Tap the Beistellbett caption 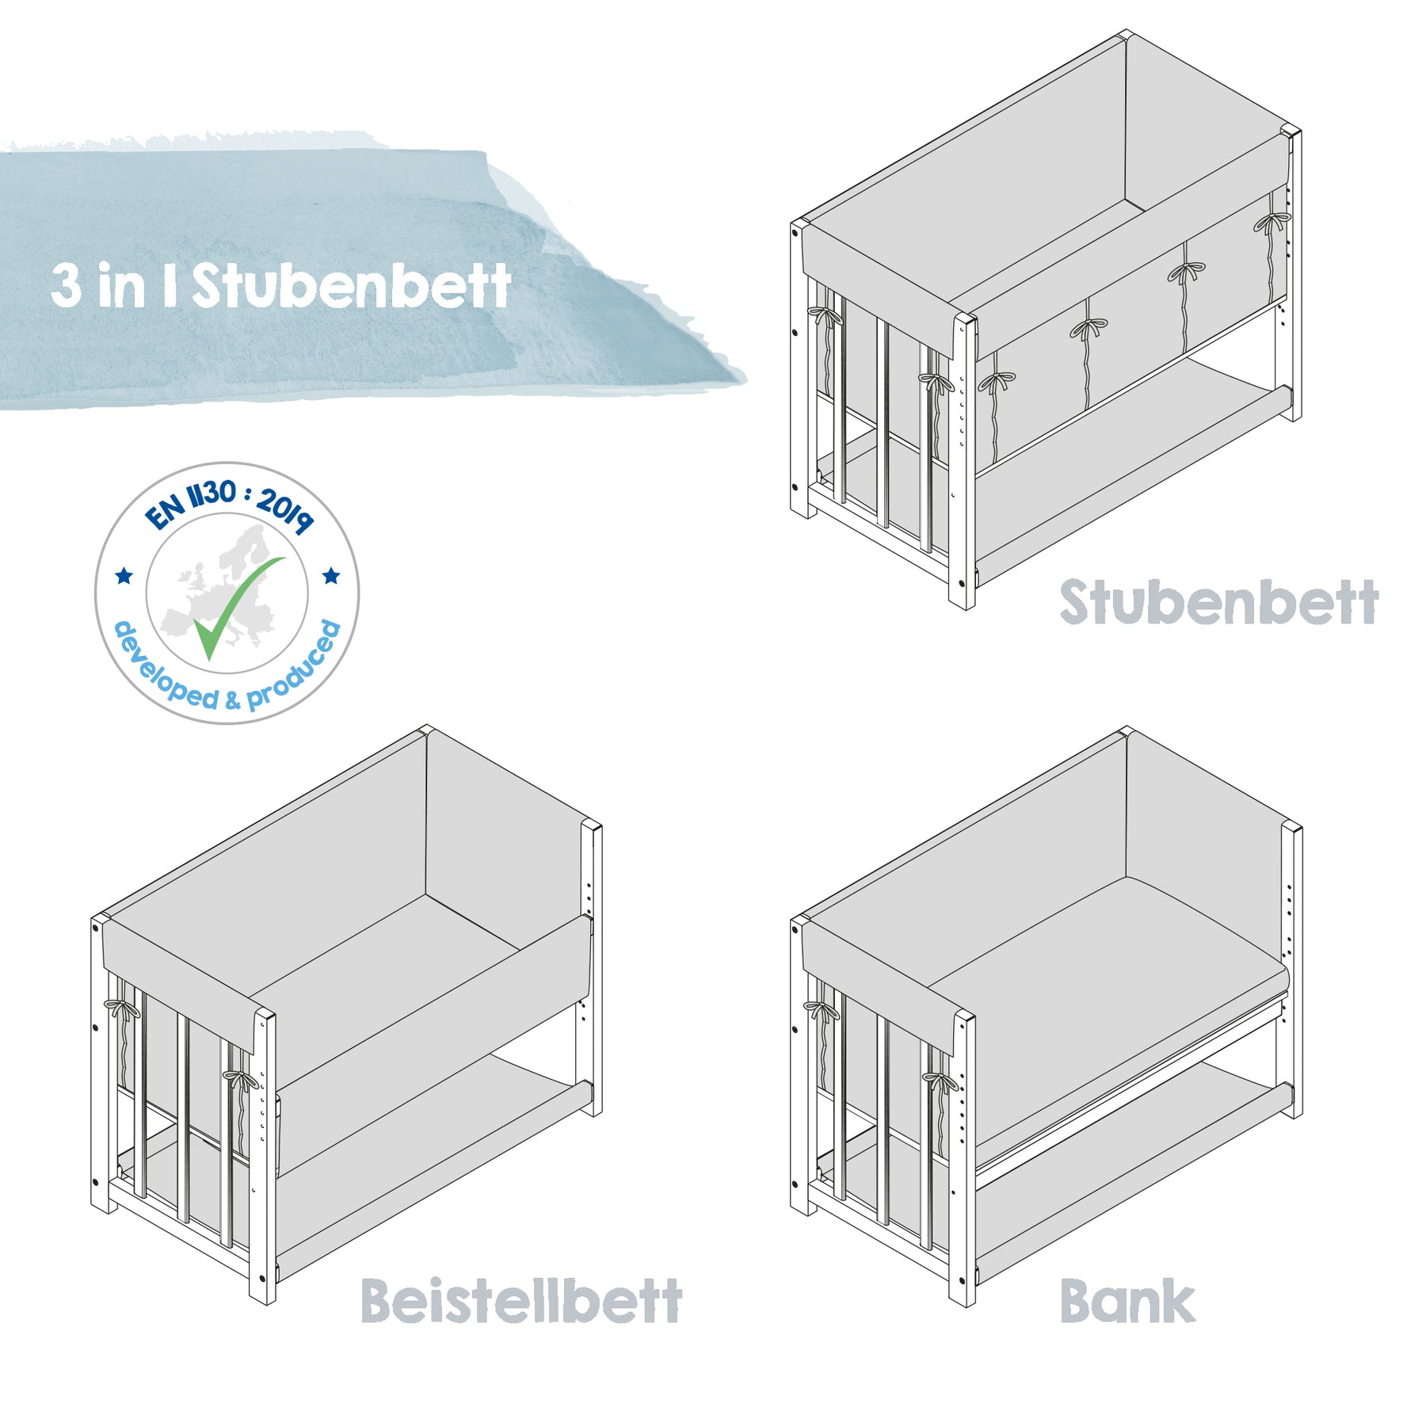520,1301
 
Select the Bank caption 1127,1301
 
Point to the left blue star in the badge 124,575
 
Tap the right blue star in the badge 331,575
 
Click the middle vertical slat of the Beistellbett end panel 184,1117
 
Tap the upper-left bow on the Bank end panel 822,1011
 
